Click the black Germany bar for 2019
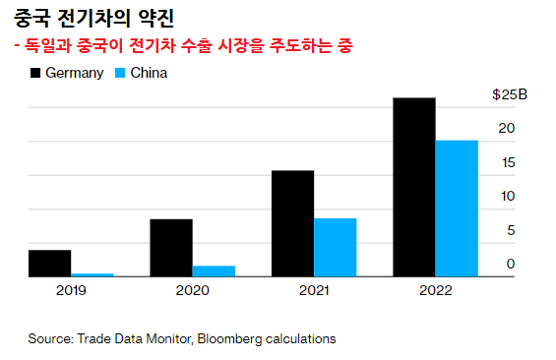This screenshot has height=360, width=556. tap(49, 264)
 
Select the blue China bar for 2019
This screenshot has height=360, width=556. tap(93, 275)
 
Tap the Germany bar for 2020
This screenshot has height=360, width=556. tap(171, 248)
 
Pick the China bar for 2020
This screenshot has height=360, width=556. tap(214, 271)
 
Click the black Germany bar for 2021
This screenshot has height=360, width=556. tap(292, 224)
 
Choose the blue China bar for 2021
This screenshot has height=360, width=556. tap(335, 248)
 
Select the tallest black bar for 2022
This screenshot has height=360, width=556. tap(413, 188)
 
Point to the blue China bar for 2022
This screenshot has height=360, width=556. tap(457, 210)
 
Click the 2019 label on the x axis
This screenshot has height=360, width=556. tap(71, 291)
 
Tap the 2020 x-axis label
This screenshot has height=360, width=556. tap(192, 291)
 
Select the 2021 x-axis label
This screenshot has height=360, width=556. tap(314, 291)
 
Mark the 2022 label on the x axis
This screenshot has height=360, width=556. tap(435, 291)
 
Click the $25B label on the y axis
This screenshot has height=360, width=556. tap(510, 95)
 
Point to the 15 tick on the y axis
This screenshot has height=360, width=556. tap(507, 163)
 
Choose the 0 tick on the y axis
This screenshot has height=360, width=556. tap(511, 264)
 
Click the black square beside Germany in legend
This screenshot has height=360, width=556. tap(36, 73)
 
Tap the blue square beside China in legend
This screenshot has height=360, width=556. tap(121, 73)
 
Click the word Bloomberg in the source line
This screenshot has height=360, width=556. tap(228, 338)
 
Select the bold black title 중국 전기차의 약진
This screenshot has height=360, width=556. tap(94, 17)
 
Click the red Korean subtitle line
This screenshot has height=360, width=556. tap(183, 46)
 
